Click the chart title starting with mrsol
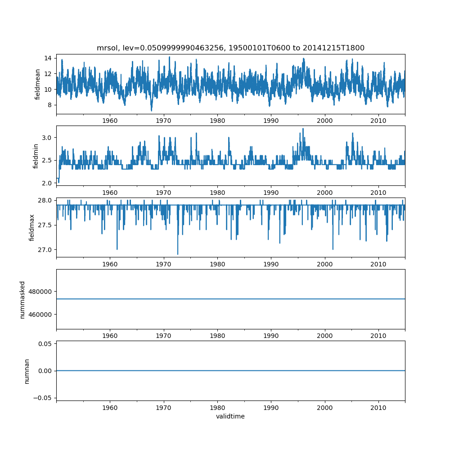pos(230,48)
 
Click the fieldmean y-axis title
pos(38,84)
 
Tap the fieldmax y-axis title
pos(32,227)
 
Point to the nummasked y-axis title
pos(22,299)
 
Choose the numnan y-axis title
pos(27,371)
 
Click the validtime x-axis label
pos(230,417)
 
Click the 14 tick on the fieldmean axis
pos(47,58)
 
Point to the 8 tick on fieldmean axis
pos(49,105)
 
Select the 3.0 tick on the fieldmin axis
pos(46,137)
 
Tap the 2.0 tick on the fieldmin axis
pos(46,183)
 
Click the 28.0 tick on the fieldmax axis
pos(45,200)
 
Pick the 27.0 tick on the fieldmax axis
pos(45,250)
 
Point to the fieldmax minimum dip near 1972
pos(178,254)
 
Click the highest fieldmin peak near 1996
pos(303,129)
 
